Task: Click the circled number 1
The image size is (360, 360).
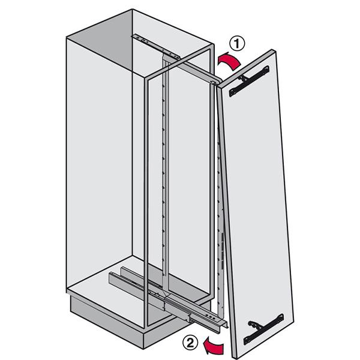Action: (x=237, y=44)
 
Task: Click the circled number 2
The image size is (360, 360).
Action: (x=190, y=343)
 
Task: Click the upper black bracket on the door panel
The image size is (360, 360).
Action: (x=249, y=81)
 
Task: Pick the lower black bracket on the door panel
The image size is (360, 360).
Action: (x=263, y=329)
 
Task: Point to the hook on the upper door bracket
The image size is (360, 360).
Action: (x=243, y=78)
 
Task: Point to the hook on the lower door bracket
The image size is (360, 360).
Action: (x=254, y=325)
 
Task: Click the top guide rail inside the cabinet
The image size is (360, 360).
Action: (x=155, y=47)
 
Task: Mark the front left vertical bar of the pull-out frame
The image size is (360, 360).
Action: (x=146, y=202)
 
